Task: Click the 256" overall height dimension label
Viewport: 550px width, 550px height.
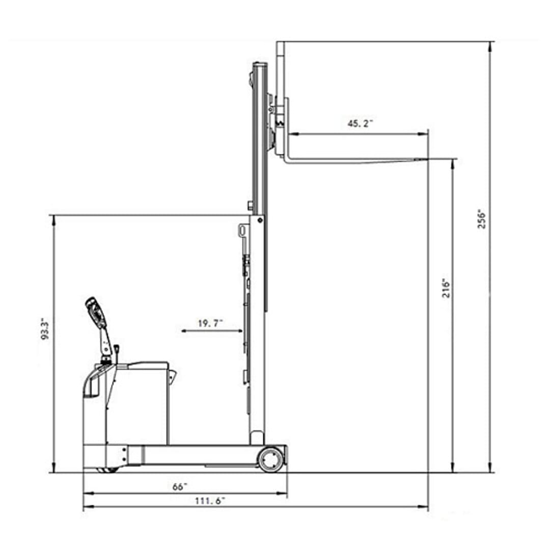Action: (482, 219)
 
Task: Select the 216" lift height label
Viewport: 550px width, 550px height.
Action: (446, 288)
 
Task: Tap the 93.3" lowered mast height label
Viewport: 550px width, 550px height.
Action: (45, 329)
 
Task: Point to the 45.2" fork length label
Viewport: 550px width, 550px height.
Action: (360, 123)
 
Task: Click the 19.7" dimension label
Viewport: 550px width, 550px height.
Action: (210, 323)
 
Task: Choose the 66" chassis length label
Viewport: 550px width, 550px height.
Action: (180, 487)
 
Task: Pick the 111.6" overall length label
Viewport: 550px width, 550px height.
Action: (210, 501)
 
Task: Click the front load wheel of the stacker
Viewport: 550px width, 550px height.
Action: (270, 459)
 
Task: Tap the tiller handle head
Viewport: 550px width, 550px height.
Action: (95, 312)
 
